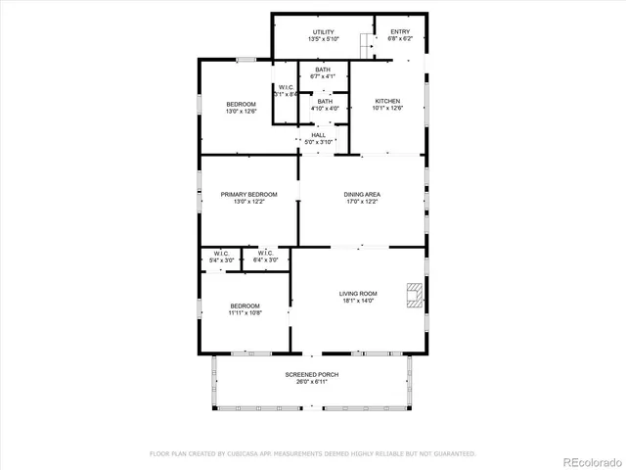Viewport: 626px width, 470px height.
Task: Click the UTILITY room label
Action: (309, 32)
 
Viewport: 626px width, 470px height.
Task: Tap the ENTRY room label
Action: (387, 32)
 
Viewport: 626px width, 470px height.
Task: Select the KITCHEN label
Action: (387, 101)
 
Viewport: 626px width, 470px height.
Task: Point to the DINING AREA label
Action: (362, 194)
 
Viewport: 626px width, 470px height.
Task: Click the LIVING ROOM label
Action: (358, 294)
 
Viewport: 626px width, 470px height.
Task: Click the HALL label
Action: (319, 135)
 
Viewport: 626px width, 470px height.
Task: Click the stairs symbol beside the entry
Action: (366, 44)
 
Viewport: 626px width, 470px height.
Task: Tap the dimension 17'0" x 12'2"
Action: (362, 202)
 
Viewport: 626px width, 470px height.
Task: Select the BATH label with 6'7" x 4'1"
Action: (323, 69)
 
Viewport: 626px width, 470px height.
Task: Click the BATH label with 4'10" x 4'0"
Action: (325, 101)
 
